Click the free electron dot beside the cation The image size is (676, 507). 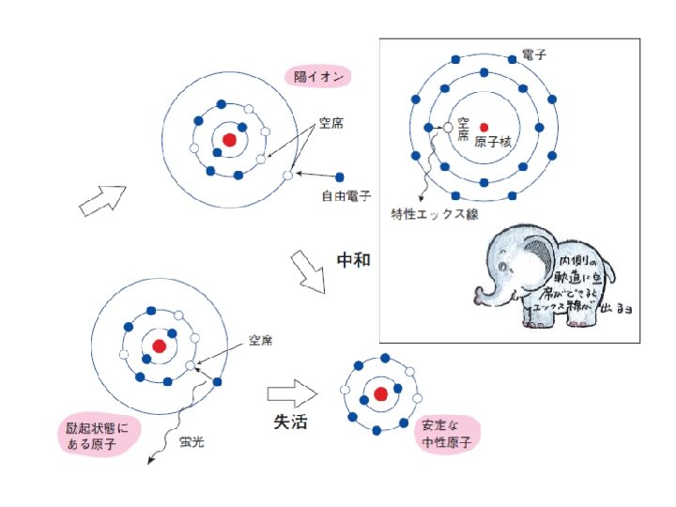[x=340, y=177]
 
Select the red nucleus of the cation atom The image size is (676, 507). [x=229, y=140]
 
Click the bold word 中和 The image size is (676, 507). [x=353, y=260]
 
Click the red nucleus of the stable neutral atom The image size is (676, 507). [x=380, y=393]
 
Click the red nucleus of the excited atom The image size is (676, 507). [x=159, y=346]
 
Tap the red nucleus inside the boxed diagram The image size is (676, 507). [x=484, y=127]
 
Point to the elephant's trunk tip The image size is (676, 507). [x=482, y=300]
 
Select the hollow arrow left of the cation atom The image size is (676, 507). [x=102, y=200]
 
